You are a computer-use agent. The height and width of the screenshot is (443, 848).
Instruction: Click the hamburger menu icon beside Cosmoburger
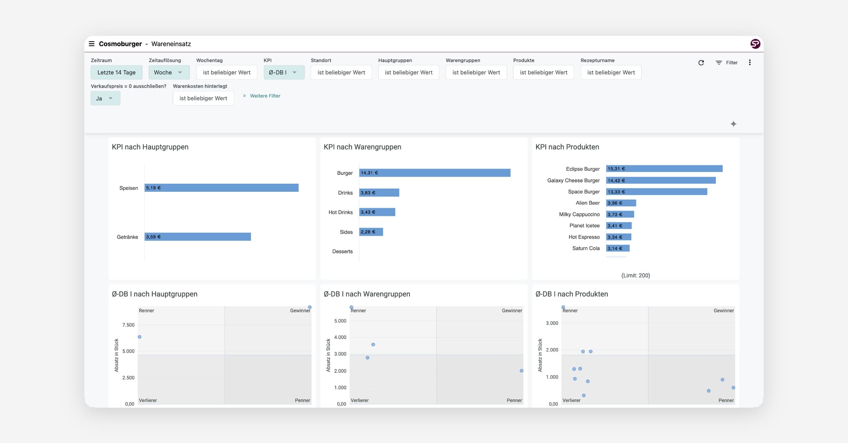pos(92,44)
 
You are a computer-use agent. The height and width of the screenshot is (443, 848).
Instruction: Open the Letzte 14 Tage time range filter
pos(117,72)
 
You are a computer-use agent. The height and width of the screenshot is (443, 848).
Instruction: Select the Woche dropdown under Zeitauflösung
pos(169,72)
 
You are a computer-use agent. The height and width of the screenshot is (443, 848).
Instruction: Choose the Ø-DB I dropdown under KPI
pos(284,72)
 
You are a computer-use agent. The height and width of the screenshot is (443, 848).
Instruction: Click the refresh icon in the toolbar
pos(701,63)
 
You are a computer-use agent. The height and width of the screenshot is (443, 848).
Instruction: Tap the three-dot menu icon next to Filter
pos(750,63)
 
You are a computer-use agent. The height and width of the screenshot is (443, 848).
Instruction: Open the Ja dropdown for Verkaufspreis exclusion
pos(105,98)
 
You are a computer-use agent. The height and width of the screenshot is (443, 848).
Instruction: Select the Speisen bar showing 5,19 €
pos(222,188)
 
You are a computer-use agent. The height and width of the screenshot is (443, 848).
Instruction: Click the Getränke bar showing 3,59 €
pos(198,237)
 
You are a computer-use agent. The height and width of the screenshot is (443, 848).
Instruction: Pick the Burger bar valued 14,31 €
pos(435,173)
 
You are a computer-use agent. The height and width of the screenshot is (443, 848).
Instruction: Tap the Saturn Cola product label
pos(586,248)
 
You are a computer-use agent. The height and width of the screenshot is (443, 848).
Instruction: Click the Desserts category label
pos(342,252)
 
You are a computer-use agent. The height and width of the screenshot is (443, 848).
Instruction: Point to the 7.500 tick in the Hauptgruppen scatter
pos(128,325)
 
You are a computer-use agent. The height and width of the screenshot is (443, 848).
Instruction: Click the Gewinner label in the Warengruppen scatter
pos(512,311)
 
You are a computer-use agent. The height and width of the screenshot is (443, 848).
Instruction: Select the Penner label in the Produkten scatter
pos(726,400)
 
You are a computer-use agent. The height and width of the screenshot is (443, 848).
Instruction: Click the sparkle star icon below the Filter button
pos(734,124)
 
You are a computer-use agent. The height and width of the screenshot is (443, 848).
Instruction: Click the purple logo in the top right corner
pos(755,44)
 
